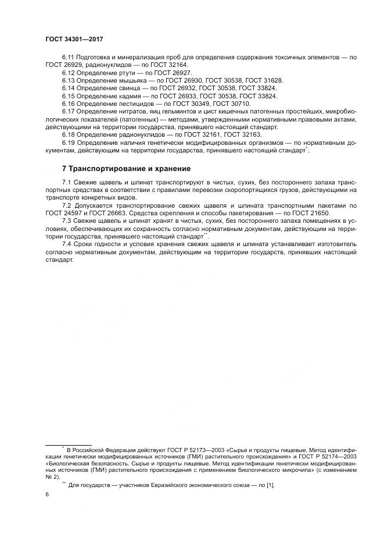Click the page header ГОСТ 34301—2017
(70, 39)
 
